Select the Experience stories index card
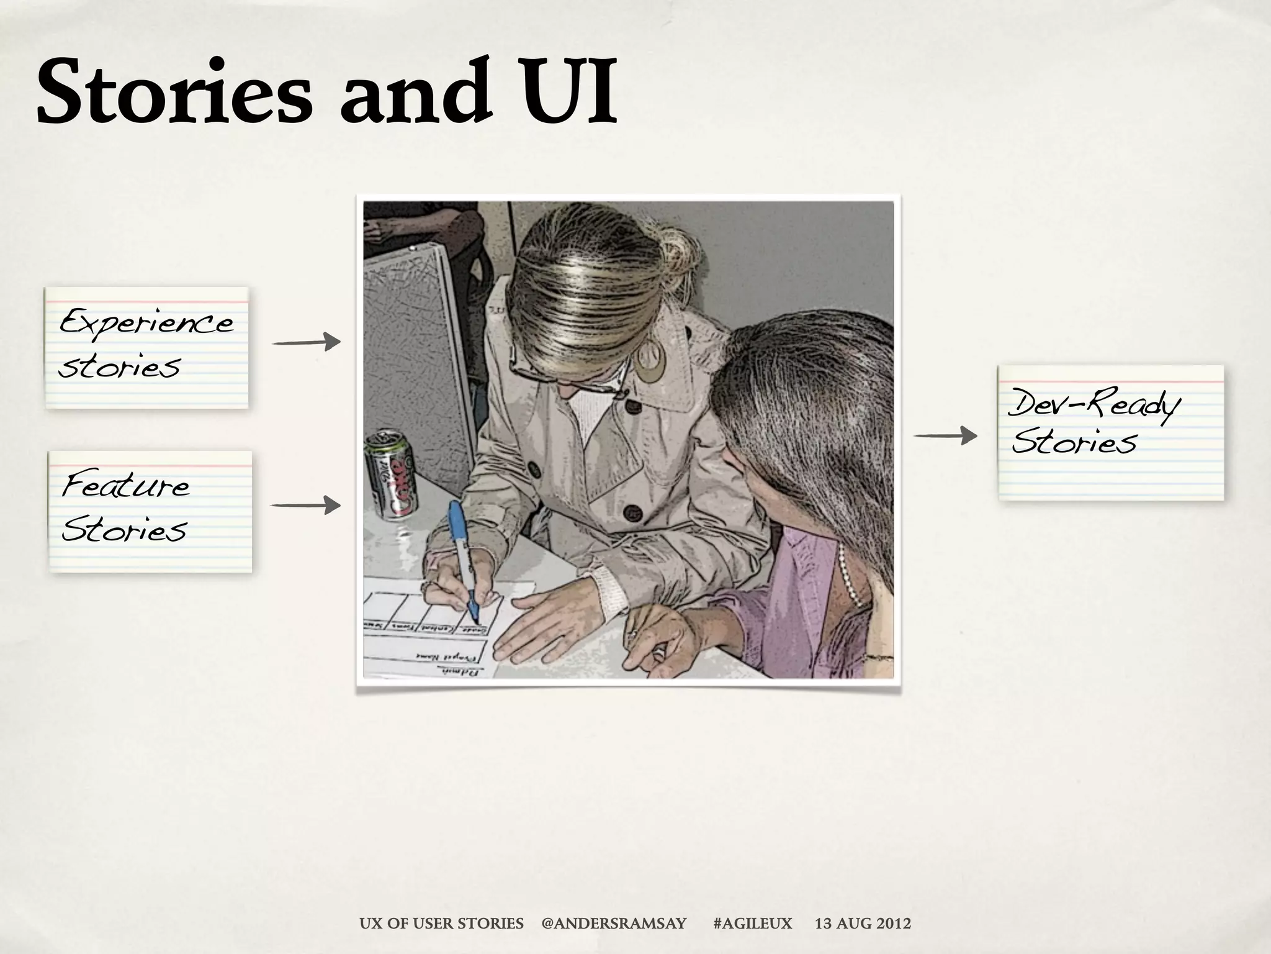[x=146, y=348]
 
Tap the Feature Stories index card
[x=151, y=511]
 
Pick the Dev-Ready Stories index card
[x=1110, y=432]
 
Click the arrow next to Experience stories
[x=306, y=342]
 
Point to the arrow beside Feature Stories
[x=305, y=505]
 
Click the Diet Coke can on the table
[x=390, y=473]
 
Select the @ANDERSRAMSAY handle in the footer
[x=614, y=924]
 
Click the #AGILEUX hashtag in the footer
[x=753, y=924]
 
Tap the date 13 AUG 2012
[x=863, y=924]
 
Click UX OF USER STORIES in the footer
[x=441, y=924]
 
